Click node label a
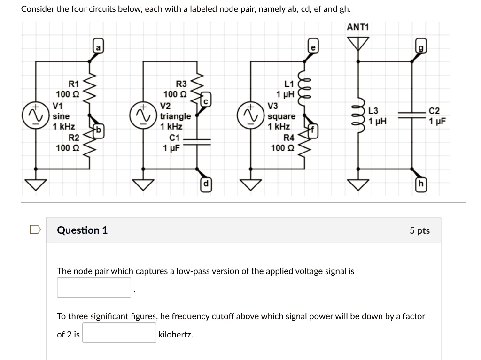[x=98, y=47]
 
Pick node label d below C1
[x=205, y=184]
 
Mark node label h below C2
[x=420, y=184]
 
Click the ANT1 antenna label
[x=358, y=27]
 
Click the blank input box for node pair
[x=94, y=287]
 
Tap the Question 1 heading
[x=82, y=230]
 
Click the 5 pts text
[x=419, y=230]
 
